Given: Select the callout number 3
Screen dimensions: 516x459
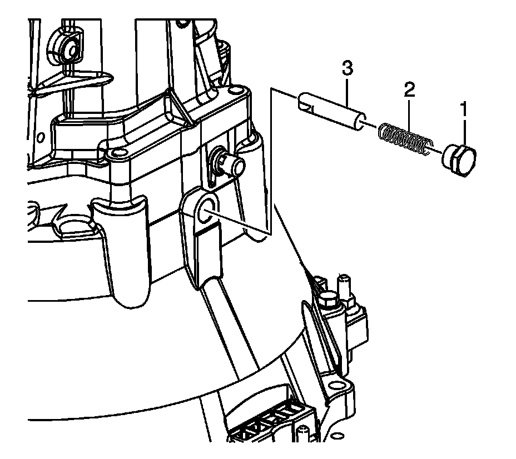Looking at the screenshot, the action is (x=346, y=69).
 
